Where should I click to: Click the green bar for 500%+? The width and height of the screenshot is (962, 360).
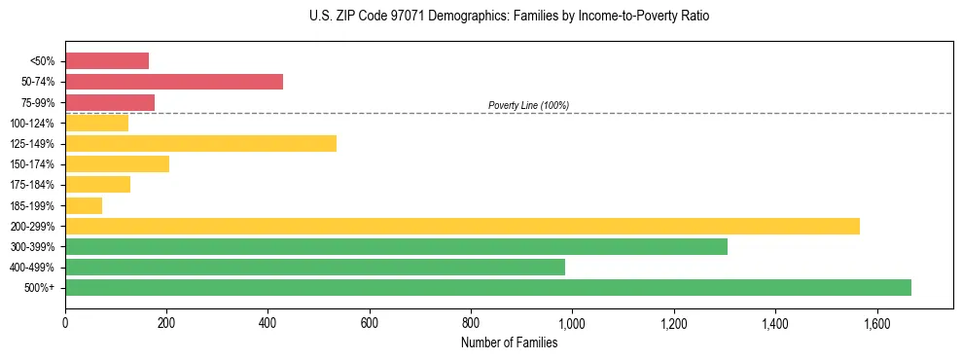pos(488,287)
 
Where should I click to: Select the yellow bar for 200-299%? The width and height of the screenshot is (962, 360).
pos(462,226)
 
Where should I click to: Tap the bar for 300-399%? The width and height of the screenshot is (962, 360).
pos(396,246)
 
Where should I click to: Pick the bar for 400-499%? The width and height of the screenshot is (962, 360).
pos(315,267)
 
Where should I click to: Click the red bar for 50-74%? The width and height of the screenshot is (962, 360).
pos(174,81)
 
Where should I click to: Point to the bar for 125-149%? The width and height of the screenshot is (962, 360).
pos(200,143)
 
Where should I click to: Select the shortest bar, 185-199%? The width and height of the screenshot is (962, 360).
pos(84,205)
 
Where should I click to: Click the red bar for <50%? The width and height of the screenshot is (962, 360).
pos(107,60)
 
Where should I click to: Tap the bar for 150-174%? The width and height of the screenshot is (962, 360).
pos(117,163)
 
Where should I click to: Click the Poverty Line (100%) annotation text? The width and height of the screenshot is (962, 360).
pos(528,105)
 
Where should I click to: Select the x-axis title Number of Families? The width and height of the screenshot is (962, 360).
pos(509,342)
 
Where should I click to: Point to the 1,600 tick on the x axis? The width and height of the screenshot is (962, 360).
pos(876,323)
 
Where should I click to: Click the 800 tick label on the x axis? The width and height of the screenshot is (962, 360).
pos(471,323)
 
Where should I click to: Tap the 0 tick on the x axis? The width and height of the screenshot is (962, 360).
pos(65,323)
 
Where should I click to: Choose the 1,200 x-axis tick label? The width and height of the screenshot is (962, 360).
pos(673,323)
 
